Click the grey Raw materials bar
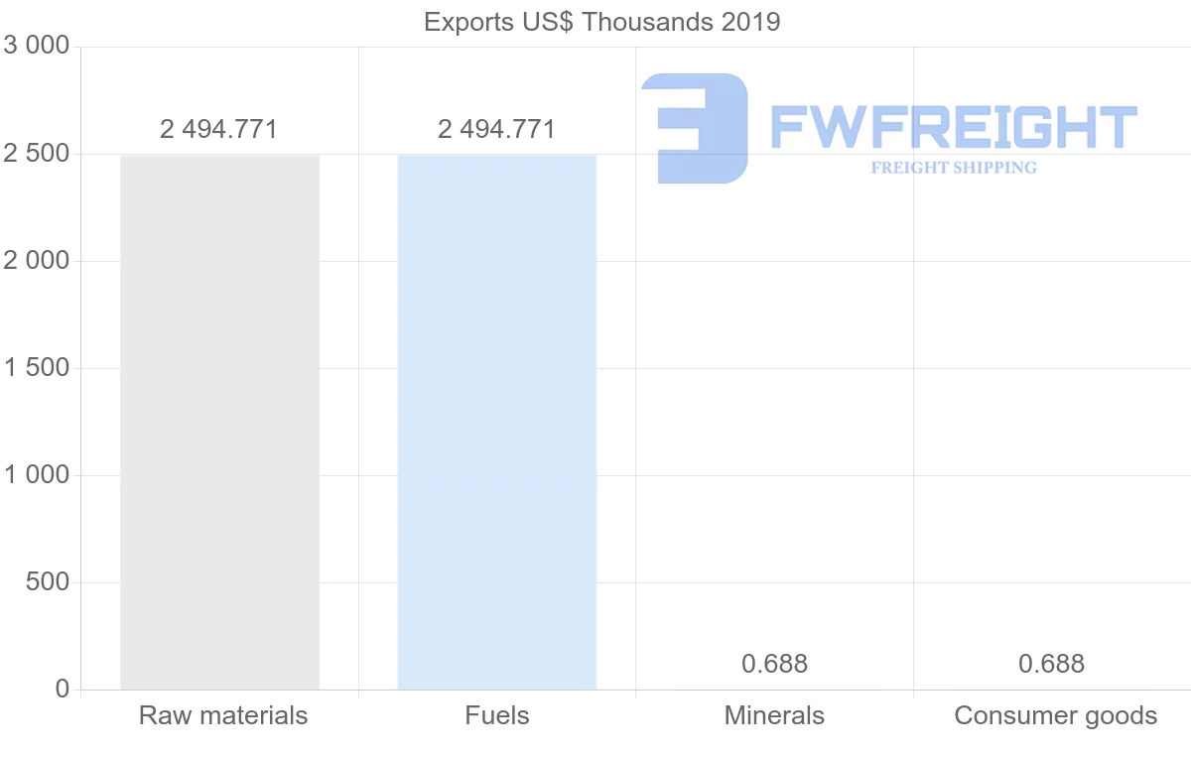(219, 422)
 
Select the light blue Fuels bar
(496, 422)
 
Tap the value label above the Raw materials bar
(218, 129)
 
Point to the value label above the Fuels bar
(496, 129)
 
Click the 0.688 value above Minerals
(774, 664)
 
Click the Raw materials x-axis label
(223, 715)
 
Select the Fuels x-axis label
(496, 715)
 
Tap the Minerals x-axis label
(774, 715)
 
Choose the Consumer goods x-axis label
(1055, 715)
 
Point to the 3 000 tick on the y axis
(37, 47)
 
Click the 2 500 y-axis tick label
(37, 154)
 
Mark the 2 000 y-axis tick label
(37, 261)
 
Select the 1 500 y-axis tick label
(37, 368)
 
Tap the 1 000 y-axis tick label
(37, 475)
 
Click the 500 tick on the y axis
(48, 582)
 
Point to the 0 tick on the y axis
(63, 690)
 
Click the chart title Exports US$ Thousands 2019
(601, 21)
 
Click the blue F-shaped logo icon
(694, 128)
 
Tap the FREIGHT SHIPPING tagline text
(953, 168)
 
